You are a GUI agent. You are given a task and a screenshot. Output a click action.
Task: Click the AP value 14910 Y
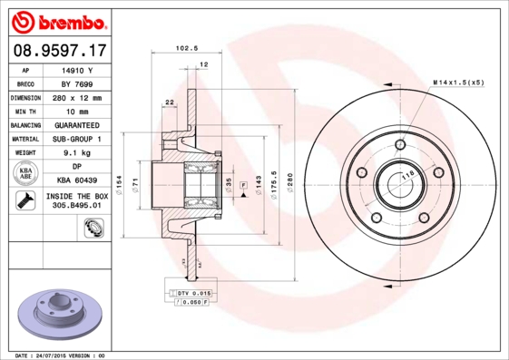[78, 69]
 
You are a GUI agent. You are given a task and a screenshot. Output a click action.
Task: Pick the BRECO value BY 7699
[78, 83]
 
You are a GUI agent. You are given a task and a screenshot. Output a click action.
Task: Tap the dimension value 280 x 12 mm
[78, 97]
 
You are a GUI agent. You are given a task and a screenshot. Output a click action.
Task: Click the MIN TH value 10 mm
[78, 111]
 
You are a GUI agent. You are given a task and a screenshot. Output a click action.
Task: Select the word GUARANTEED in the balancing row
[78, 125]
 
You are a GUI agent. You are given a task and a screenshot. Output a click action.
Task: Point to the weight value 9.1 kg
[78, 153]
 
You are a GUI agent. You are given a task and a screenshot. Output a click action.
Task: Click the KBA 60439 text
[78, 181]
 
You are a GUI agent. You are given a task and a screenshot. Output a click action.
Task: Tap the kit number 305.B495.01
[78, 207]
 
